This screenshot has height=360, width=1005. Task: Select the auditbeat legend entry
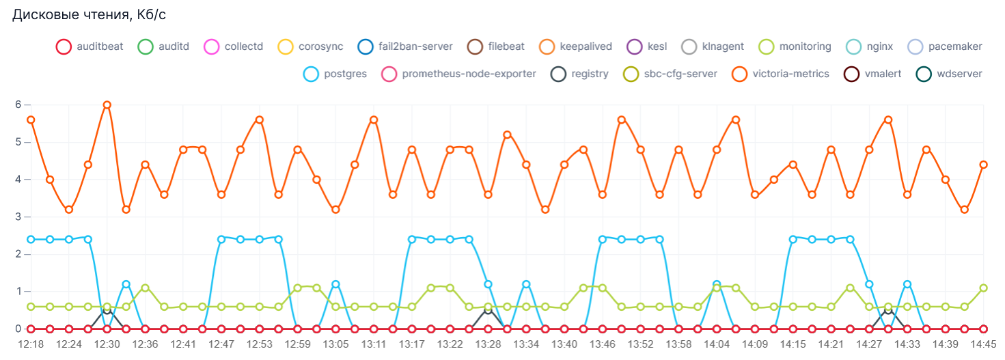click(90, 47)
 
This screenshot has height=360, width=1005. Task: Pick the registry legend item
click(580, 74)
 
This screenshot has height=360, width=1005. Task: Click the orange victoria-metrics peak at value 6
click(107, 105)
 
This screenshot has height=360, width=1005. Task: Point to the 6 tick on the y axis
click(19, 105)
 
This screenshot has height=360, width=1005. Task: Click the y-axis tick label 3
click(19, 217)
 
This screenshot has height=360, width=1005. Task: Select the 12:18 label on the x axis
click(31, 344)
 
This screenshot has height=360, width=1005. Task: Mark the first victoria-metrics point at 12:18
click(31, 120)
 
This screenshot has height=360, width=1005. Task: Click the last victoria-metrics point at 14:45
click(983, 165)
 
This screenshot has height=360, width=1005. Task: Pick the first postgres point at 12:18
click(31, 240)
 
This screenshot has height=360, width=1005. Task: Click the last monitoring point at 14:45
click(983, 288)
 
